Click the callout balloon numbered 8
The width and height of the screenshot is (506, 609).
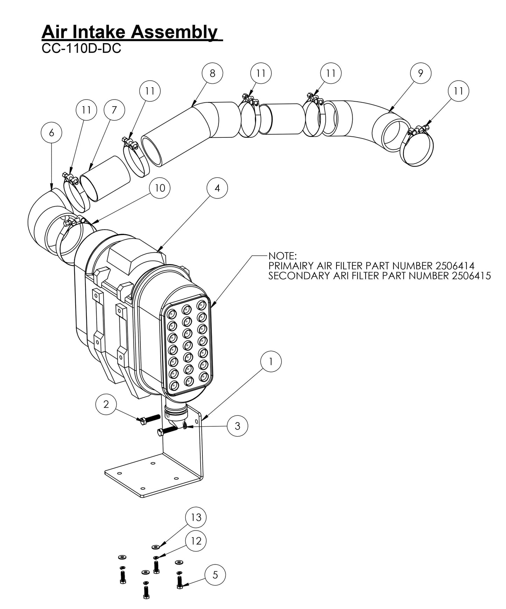[213, 73]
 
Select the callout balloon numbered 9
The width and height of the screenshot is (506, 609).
[420, 73]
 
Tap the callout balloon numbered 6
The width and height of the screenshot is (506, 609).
[51, 133]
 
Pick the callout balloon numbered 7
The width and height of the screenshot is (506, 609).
[115, 110]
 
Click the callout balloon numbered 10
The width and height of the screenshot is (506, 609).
[160, 188]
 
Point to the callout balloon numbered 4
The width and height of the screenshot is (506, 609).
[217, 188]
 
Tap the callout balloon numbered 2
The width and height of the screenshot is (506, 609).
[106, 404]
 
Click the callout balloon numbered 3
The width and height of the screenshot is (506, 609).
[237, 426]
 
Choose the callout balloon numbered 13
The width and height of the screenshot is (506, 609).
[196, 517]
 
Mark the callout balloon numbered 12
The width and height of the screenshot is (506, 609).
[196, 541]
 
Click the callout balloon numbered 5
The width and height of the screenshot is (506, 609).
[215, 575]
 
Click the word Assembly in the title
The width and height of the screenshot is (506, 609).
[174, 32]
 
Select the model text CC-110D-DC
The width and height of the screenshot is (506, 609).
[81, 48]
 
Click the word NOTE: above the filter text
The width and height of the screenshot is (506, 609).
[282, 255]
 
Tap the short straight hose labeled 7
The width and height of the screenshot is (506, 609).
[105, 178]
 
